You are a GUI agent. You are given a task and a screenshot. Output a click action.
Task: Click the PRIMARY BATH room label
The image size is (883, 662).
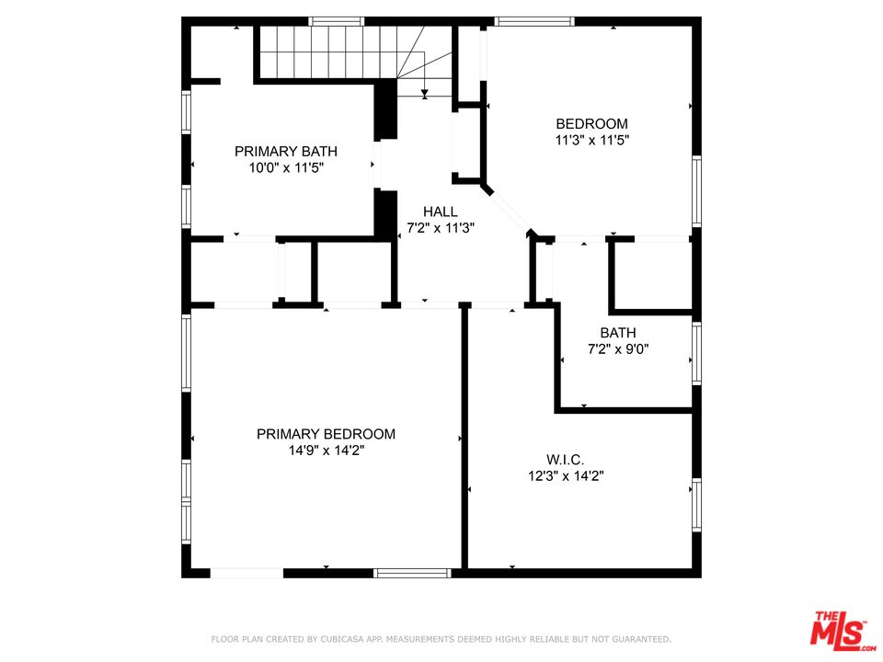click(285, 152)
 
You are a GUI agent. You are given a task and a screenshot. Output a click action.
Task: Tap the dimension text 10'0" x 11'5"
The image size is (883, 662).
click(285, 168)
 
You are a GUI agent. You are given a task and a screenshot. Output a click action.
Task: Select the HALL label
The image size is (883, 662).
click(440, 211)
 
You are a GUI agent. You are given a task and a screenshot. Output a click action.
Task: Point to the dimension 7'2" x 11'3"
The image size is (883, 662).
click(440, 228)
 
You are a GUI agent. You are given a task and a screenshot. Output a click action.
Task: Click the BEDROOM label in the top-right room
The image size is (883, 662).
click(591, 124)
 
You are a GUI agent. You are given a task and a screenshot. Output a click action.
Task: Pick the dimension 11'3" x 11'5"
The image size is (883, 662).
click(591, 141)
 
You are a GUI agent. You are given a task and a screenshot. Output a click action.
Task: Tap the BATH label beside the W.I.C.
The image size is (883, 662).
click(617, 333)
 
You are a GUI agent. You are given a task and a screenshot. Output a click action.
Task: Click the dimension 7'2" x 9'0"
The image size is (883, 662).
click(617, 349)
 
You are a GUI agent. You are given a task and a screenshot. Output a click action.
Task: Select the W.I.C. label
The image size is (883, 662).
click(565, 459)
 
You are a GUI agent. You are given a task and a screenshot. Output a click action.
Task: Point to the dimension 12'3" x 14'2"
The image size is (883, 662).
click(565, 475)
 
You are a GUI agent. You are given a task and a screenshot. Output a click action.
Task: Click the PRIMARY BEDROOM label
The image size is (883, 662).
click(326, 434)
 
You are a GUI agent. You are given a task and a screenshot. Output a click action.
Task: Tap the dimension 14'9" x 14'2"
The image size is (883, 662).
click(326, 451)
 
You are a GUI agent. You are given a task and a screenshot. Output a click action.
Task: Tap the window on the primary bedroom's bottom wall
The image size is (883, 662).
click(412, 573)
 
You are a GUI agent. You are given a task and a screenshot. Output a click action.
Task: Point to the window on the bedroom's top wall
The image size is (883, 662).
click(533, 21)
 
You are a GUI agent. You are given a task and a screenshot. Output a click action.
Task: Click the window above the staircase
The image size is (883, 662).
click(336, 21)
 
